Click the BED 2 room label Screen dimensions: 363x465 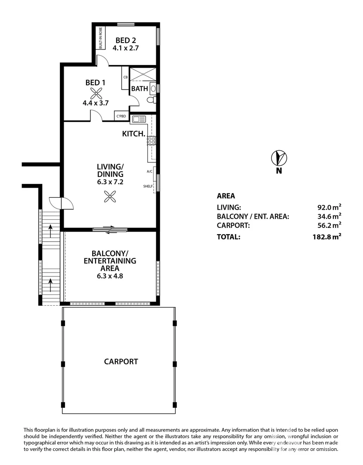126,40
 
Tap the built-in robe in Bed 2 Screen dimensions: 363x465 100,37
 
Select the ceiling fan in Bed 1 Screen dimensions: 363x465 96,93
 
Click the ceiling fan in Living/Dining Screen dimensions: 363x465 110,196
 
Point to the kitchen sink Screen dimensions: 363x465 139,119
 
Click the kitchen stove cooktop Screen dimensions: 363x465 151,140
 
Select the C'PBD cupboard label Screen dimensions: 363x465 121,116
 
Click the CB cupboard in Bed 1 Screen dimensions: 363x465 125,77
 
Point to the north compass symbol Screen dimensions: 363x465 279,158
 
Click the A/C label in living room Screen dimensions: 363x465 149,171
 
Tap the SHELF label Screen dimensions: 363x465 148,186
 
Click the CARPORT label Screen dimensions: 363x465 121,362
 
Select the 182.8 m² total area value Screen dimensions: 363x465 327,237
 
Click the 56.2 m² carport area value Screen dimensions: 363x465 329,225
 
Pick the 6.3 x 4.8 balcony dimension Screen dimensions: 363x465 110,276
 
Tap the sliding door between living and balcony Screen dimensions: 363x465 110,229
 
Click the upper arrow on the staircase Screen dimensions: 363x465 50,231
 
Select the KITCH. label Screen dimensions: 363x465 134,134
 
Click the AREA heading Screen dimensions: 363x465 226,196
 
